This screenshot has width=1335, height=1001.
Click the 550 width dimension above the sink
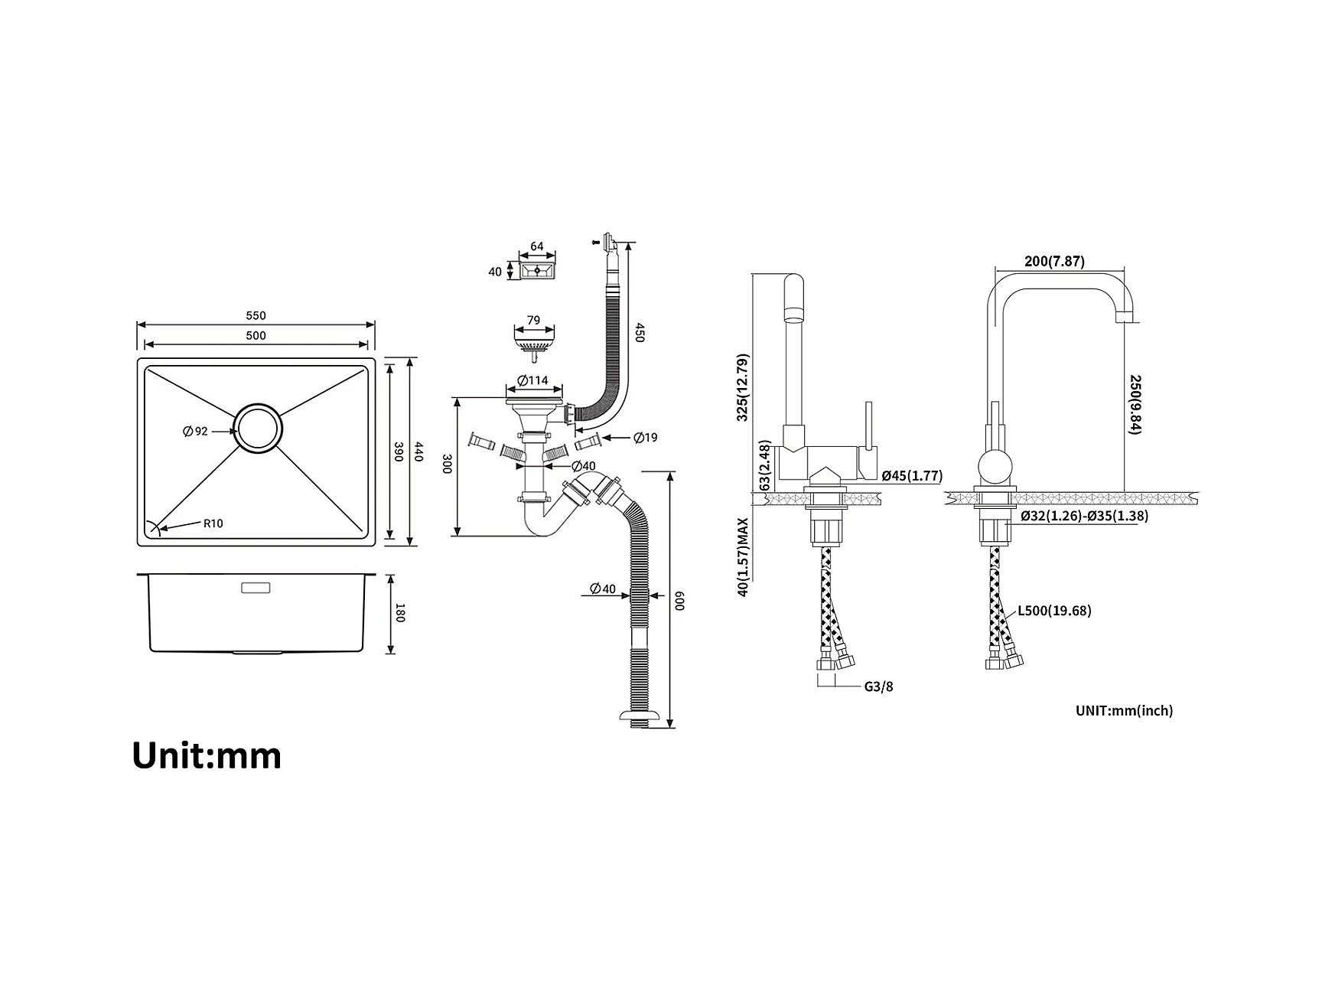256,315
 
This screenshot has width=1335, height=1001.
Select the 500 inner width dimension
256,335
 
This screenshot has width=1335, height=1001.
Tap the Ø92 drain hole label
195,432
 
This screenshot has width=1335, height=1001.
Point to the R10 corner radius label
213,523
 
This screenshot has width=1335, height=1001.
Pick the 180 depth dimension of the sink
399,613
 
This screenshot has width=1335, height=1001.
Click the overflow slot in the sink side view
256,588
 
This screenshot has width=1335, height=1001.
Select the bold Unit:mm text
207,755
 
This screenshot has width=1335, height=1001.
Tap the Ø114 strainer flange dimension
532,380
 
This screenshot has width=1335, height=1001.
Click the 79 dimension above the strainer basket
534,320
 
